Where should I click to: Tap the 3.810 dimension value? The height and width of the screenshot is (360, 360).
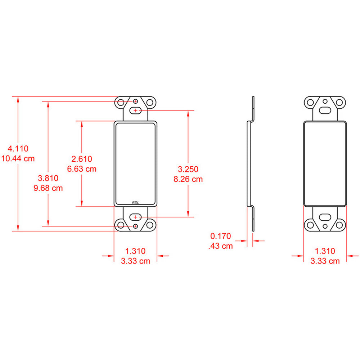(x=48, y=178)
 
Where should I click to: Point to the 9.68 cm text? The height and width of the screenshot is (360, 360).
(x=48, y=188)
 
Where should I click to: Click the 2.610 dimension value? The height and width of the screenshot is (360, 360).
(x=82, y=158)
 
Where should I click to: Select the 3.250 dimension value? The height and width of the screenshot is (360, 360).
(x=188, y=169)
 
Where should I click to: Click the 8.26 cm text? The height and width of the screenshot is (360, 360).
(x=188, y=179)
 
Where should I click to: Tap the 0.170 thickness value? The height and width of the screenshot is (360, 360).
(x=221, y=236)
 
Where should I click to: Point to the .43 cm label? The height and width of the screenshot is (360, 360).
(x=221, y=246)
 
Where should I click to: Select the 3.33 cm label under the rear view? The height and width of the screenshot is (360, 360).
(x=325, y=261)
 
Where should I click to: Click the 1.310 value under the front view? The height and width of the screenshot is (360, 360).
(x=135, y=251)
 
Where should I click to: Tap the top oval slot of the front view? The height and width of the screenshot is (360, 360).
(x=136, y=110)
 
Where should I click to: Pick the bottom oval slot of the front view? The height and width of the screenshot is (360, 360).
(x=136, y=217)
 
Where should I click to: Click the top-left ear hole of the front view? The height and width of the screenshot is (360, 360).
(x=121, y=102)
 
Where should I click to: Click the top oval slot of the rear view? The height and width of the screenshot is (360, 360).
(x=325, y=110)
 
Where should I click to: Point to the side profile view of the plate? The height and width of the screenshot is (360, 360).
(x=251, y=164)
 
